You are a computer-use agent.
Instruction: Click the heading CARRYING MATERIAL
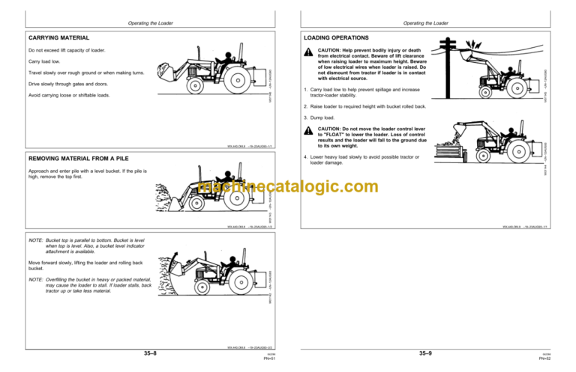tap(58, 37)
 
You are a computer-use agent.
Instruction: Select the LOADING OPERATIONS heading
tap(336, 37)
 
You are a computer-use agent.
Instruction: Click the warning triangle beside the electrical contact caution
tap(307, 52)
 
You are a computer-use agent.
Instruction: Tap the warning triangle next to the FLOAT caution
tap(307, 131)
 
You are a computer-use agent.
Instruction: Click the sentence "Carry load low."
tap(43, 61)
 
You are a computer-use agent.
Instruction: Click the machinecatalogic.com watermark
tap(288, 187)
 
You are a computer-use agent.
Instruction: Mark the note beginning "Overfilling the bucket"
tap(90, 285)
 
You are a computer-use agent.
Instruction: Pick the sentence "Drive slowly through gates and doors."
tap(71, 84)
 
